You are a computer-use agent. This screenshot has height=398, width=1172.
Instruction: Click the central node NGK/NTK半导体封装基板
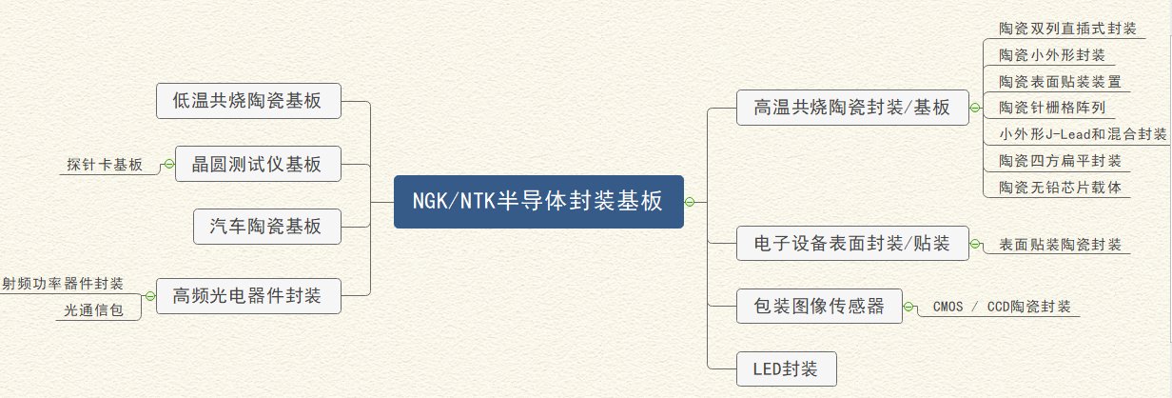pyautogui.click(x=538, y=201)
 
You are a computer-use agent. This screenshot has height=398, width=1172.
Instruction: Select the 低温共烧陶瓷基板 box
pyautogui.click(x=247, y=101)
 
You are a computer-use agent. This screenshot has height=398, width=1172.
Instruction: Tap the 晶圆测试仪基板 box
pyautogui.click(x=257, y=164)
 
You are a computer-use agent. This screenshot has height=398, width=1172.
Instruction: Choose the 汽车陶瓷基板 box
pyautogui.click(x=266, y=227)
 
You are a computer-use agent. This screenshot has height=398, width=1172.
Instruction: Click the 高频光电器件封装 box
pyautogui.click(x=247, y=295)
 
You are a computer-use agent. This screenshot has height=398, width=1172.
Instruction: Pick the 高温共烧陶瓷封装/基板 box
pyautogui.click(x=851, y=108)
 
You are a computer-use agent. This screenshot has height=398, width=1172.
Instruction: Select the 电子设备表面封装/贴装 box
pyautogui.click(x=851, y=244)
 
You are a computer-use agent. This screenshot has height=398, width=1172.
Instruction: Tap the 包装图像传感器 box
pyautogui.click(x=819, y=306)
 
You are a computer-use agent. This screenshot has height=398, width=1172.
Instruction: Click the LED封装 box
pyautogui.click(x=787, y=368)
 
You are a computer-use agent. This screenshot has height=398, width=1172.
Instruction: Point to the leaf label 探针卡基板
pyautogui.click(x=105, y=165)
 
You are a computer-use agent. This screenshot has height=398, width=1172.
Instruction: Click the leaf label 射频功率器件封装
pyautogui.click(x=63, y=283)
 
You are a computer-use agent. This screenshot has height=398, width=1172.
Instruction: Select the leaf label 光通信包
pyautogui.click(x=93, y=309)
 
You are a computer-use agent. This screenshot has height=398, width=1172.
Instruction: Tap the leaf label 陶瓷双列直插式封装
pyautogui.click(x=1067, y=29)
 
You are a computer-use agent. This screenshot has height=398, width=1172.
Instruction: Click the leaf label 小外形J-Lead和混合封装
pyautogui.click(x=1083, y=133)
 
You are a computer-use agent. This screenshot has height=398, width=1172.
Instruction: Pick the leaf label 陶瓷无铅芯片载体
pyautogui.click(x=1060, y=187)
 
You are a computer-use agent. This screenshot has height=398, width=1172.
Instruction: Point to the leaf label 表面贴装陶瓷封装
pyautogui.click(x=1060, y=245)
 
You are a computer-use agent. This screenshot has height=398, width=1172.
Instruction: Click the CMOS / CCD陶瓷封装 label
pyautogui.click(x=1002, y=307)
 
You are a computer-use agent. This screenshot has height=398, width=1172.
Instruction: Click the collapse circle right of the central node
pyautogui.click(x=691, y=201)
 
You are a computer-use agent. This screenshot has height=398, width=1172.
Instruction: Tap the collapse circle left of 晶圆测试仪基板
pyautogui.click(x=168, y=164)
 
